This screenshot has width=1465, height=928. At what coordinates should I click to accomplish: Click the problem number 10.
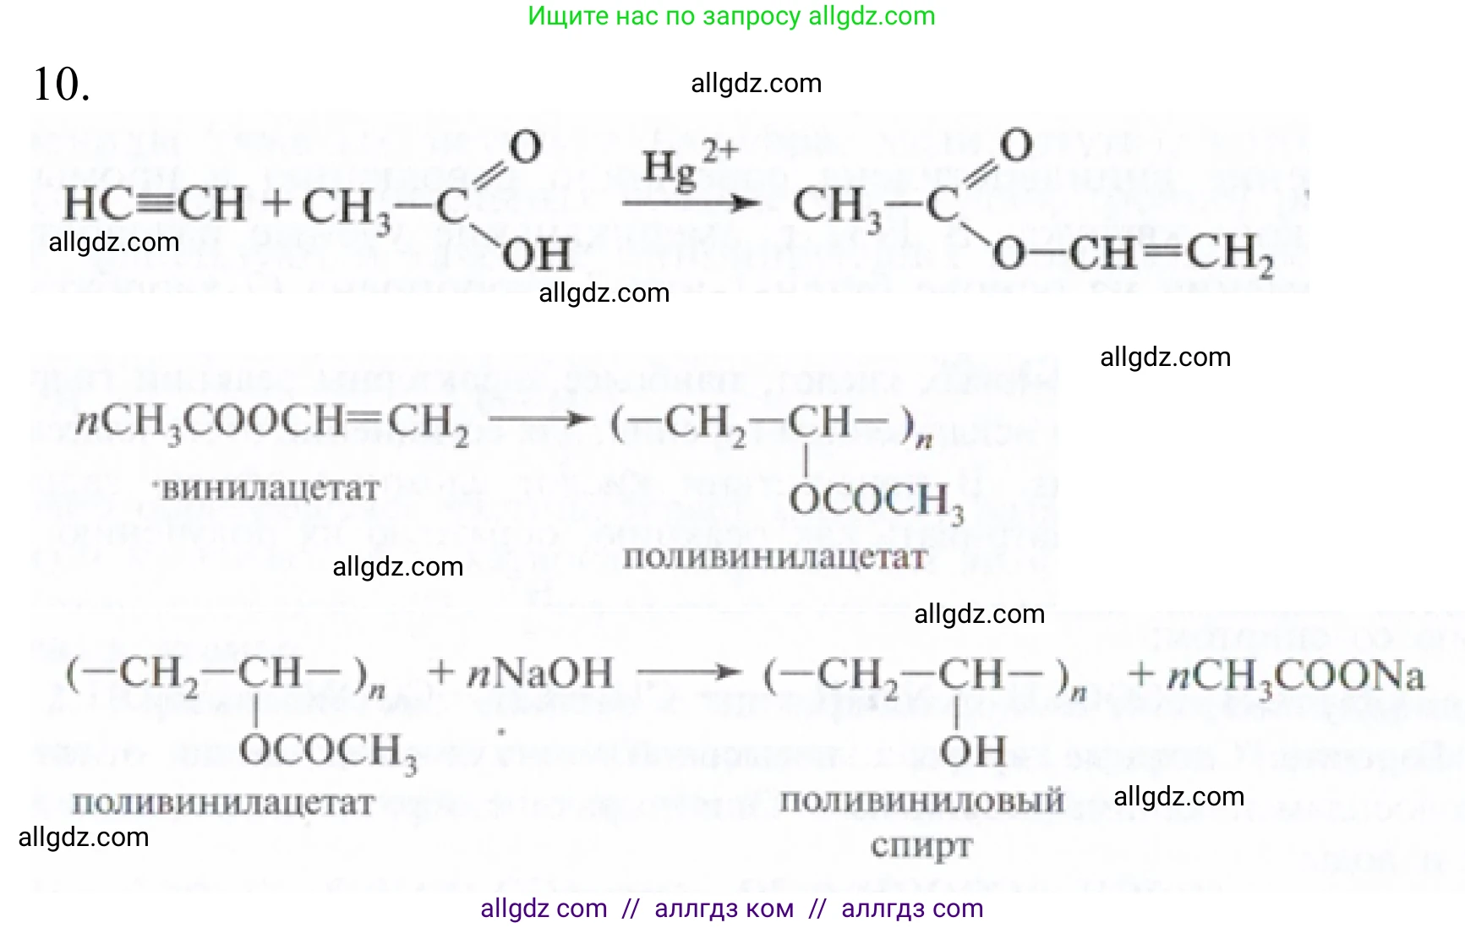pos(61,85)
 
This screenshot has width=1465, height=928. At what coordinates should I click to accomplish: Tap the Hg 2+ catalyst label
pos(688,166)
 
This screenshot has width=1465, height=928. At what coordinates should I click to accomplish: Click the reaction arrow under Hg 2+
pos(690,203)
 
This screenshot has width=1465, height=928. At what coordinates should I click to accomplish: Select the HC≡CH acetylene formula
pos(154,205)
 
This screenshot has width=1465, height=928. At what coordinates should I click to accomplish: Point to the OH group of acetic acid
pos(538,254)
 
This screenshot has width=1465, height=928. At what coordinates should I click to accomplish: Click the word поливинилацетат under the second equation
pos(774,558)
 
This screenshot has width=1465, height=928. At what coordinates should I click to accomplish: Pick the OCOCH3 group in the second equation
pos(876,500)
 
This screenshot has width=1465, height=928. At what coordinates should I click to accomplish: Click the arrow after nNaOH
pos(690,674)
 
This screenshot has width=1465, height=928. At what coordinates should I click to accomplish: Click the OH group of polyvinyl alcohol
pos(973,751)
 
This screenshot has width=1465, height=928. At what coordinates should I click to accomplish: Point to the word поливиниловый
pos(921,800)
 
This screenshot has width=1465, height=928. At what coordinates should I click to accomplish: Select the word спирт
pos(921,845)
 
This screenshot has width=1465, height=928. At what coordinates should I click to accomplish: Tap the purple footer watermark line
pos(731,909)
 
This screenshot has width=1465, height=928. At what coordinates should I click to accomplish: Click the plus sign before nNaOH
pos(441,674)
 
